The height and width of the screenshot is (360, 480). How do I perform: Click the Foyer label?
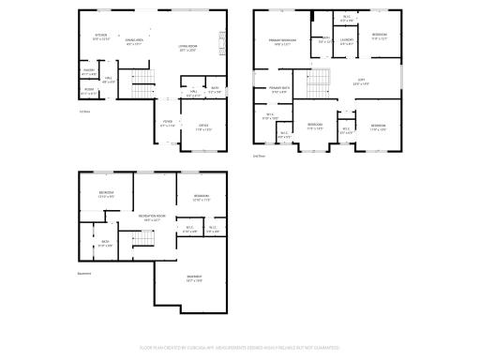click(167, 123)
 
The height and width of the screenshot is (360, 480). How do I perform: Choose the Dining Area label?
click(134, 41)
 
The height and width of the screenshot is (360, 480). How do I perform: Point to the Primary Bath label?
click(281, 90)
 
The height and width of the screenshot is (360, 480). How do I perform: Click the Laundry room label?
click(346, 41)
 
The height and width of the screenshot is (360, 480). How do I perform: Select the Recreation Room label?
click(153, 218)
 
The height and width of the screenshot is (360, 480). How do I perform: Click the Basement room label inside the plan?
click(194, 278)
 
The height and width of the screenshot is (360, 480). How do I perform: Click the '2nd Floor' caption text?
click(259, 155)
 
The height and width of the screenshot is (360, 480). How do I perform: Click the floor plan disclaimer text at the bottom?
click(239, 347)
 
